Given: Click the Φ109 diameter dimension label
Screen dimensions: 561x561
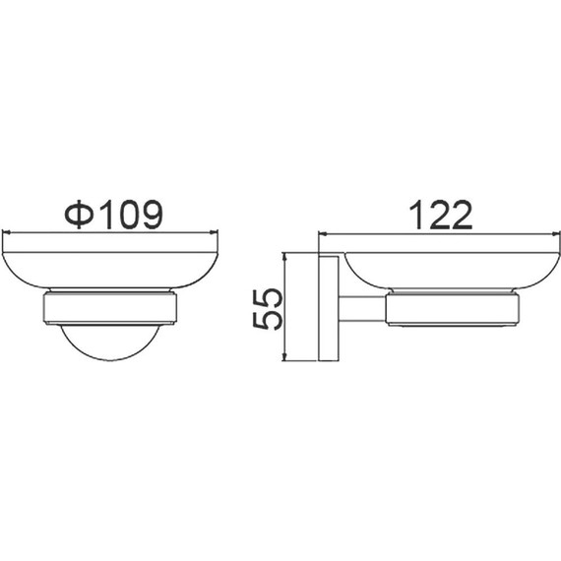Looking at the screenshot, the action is point(114,215).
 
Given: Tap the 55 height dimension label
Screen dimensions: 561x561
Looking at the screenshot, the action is point(268,309).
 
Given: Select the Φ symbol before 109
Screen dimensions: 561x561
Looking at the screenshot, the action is point(79,215).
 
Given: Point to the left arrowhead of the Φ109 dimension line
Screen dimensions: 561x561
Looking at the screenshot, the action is point(6,232).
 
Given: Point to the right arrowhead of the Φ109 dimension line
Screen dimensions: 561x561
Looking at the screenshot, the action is point(214,232).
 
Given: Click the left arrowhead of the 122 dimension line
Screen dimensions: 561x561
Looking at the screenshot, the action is point(323,234).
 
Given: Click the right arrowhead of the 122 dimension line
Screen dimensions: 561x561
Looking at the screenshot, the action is point(556,234).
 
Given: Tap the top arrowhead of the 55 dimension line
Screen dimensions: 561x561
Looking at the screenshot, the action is point(284,257).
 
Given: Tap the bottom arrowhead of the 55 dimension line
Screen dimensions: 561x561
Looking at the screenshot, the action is point(284,356).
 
